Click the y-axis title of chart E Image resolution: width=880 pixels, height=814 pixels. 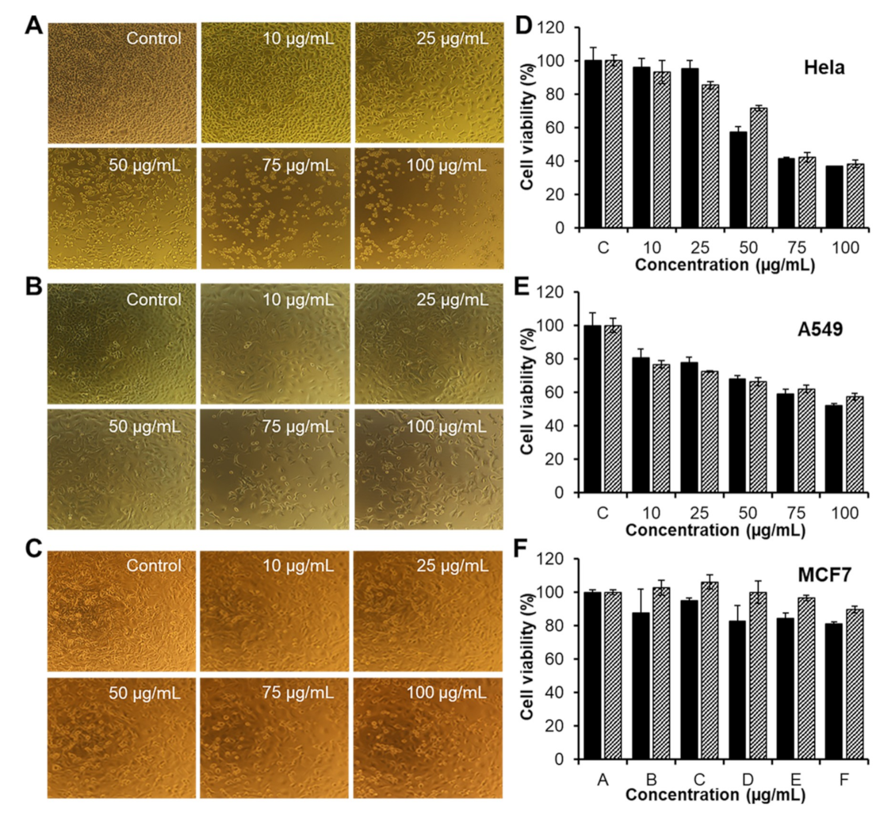coord(526,392)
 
